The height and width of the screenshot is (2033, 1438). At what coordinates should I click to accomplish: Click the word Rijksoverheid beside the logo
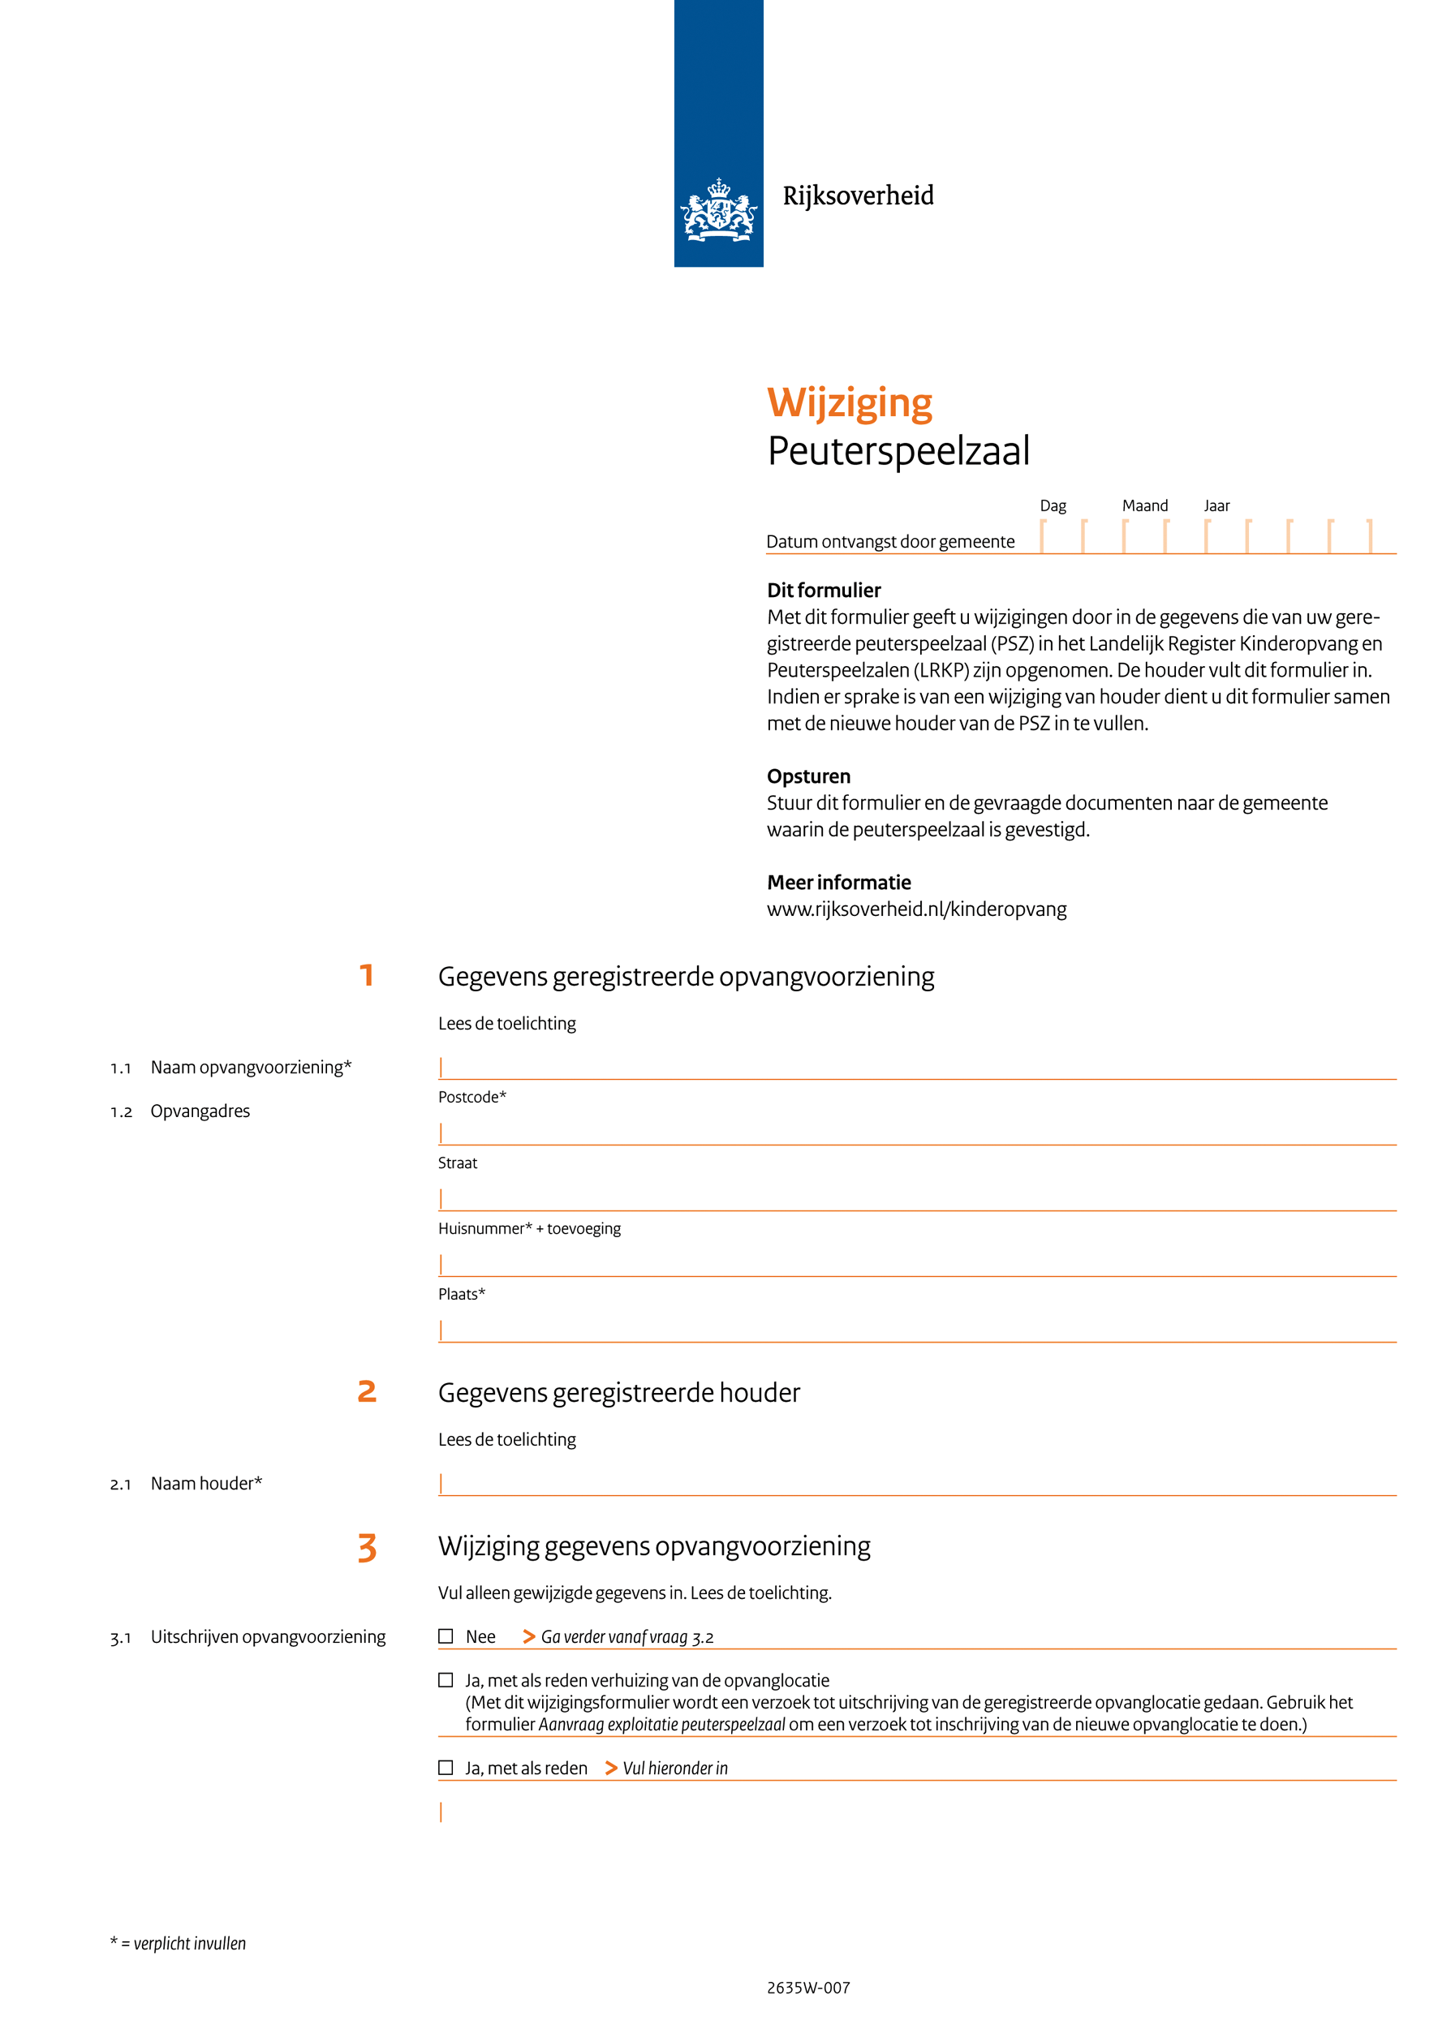click(857, 196)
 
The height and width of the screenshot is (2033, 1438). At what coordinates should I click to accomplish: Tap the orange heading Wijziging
click(849, 403)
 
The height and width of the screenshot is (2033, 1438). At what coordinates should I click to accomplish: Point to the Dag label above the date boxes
click(1052, 505)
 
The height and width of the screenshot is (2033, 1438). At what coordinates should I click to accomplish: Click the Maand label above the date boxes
click(1144, 505)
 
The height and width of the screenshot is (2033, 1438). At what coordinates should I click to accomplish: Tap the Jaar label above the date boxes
click(1216, 505)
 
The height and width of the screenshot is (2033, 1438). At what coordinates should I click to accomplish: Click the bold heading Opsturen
click(807, 776)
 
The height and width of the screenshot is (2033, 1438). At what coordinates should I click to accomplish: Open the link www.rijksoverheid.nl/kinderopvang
click(915, 909)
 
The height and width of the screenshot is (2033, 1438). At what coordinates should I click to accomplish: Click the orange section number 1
click(367, 976)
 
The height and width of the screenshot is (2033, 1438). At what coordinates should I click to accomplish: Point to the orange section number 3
click(367, 1548)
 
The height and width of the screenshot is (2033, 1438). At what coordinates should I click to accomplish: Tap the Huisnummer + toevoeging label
click(528, 1228)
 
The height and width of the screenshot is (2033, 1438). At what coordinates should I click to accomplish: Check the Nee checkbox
click(446, 1636)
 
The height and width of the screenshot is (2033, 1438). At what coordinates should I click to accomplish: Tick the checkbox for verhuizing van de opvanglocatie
click(446, 1680)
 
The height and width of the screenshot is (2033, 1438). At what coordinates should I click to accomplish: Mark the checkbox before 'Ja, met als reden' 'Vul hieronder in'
click(446, 1768)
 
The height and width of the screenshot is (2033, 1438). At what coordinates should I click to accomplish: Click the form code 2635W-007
click(807, 1988)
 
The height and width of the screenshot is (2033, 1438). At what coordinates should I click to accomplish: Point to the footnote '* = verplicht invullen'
click(178, 1944)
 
